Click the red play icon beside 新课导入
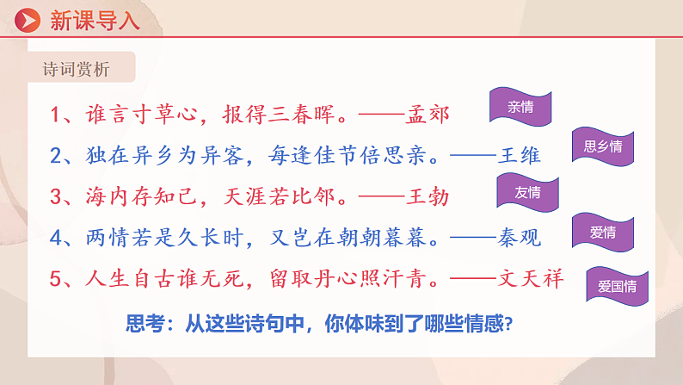[29, 19]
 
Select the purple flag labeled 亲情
[520, 108]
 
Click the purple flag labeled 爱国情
[617, 283]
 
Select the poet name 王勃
[428, 196]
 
